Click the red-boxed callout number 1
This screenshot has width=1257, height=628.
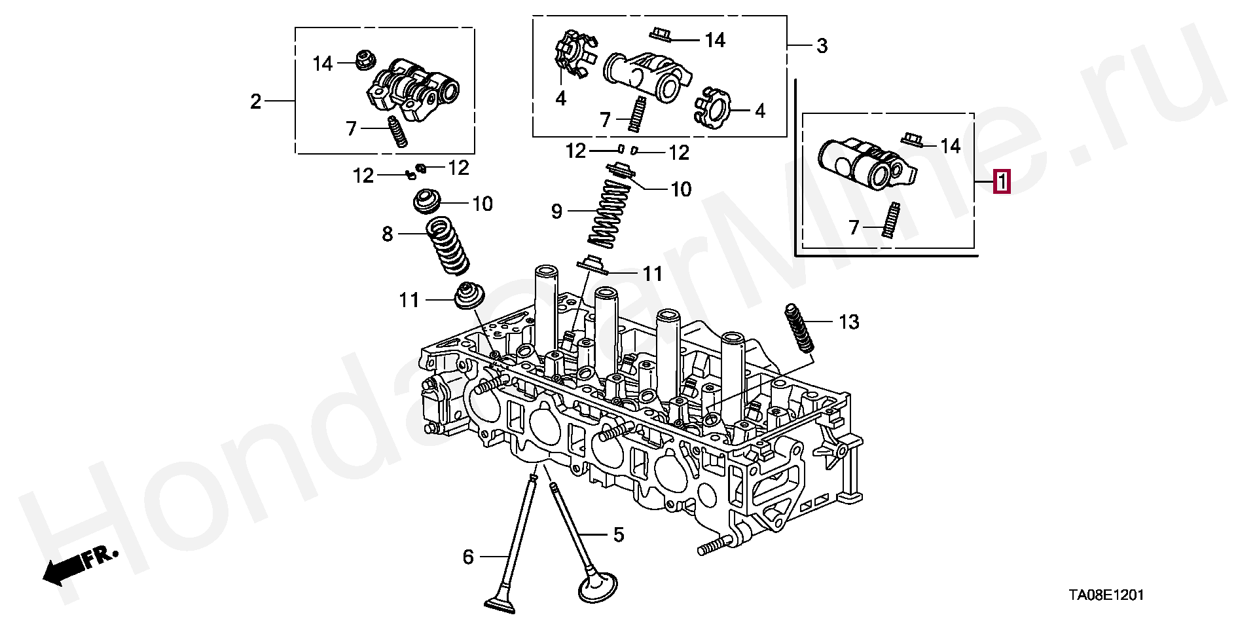tap(1002, 181)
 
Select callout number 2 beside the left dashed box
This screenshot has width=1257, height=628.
tap(255, 102)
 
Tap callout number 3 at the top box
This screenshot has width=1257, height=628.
tap(822, 46)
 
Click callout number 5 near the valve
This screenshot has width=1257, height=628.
tap(619, 535)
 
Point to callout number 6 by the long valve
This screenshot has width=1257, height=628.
tap(468, 557)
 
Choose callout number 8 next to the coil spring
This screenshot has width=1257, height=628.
tap(388, 234)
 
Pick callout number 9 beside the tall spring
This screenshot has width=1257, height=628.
tap(556, 212)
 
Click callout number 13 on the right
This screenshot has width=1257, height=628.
tap(848, 322)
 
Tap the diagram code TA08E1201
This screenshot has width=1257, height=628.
tap(1106, 595)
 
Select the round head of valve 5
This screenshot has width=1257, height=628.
tap(598, 586)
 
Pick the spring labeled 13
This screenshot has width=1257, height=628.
tap(799, 329)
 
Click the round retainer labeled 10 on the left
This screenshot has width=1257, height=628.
tap(429, 201)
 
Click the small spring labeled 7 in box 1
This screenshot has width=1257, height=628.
tap(891, 221)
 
